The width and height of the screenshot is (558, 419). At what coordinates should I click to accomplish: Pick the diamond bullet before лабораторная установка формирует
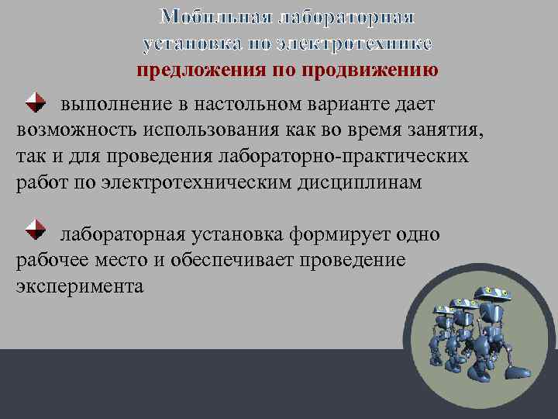(x=34, y=230)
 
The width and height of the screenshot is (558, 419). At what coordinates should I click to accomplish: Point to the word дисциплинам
(x=367, y=183)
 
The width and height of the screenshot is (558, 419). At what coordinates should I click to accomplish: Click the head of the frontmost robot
(x=492, y=293)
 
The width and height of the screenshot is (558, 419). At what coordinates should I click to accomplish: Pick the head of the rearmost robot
(x=443, y=309)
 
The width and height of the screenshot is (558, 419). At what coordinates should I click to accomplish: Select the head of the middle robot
(x=465, y=303)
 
